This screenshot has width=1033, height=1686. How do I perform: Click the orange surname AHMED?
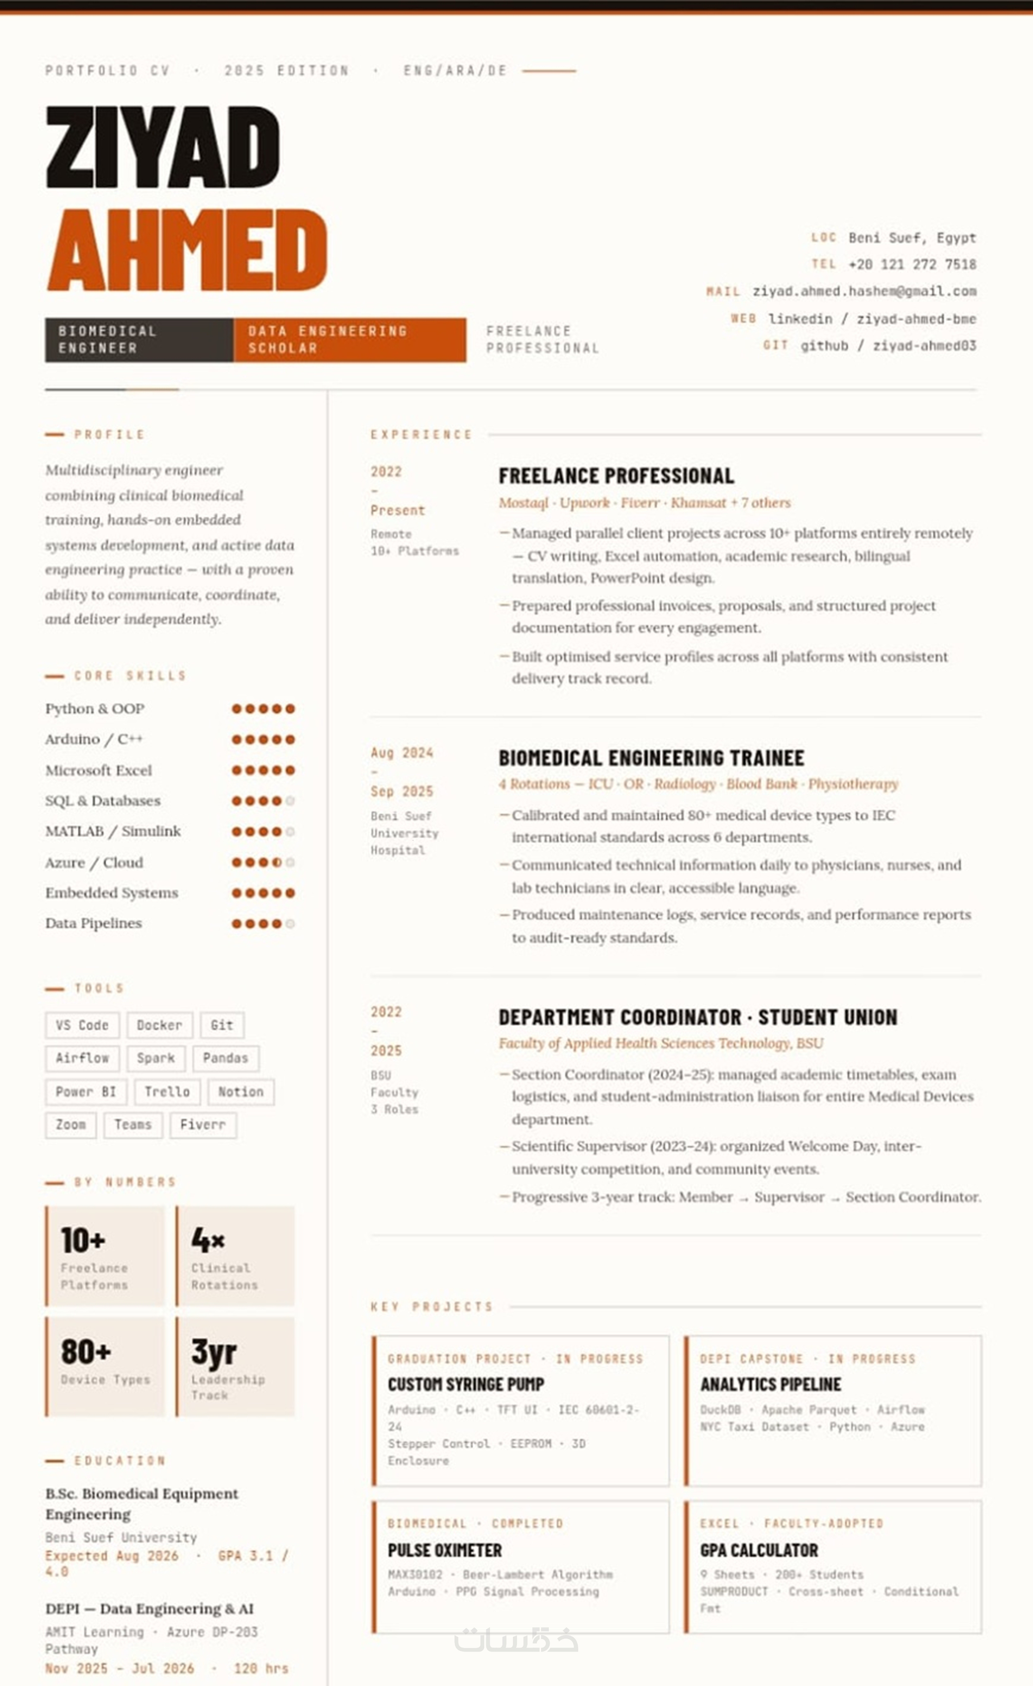pyautogui.click(x=186, y=250)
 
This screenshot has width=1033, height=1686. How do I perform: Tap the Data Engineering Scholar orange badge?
pyautogui.click(x=349, y=339)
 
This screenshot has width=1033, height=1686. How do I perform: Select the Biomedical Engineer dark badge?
pyautogui.click(x=139, y=339)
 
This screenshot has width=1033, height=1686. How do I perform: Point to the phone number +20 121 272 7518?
pyautogui.click(x=912, y=264)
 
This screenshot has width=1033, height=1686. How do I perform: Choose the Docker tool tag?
pyautogui.click(x=159, y=1025)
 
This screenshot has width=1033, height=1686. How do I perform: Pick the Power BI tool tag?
pyautogui.click(x=86, y=1091)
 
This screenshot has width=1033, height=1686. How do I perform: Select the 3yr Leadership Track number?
pyautogui.click(x=214, y=1351)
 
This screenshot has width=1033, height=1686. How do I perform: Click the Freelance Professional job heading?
pyautogui.click(x=616, y=475)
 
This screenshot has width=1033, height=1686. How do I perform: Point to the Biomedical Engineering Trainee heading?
pyautogui.click(x=651, y=758)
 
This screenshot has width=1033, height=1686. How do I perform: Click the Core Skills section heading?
pyautogui.click(x=130, y=676)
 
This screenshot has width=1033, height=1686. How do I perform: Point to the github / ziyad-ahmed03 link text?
pyautogui.click(x=888, y=346)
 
